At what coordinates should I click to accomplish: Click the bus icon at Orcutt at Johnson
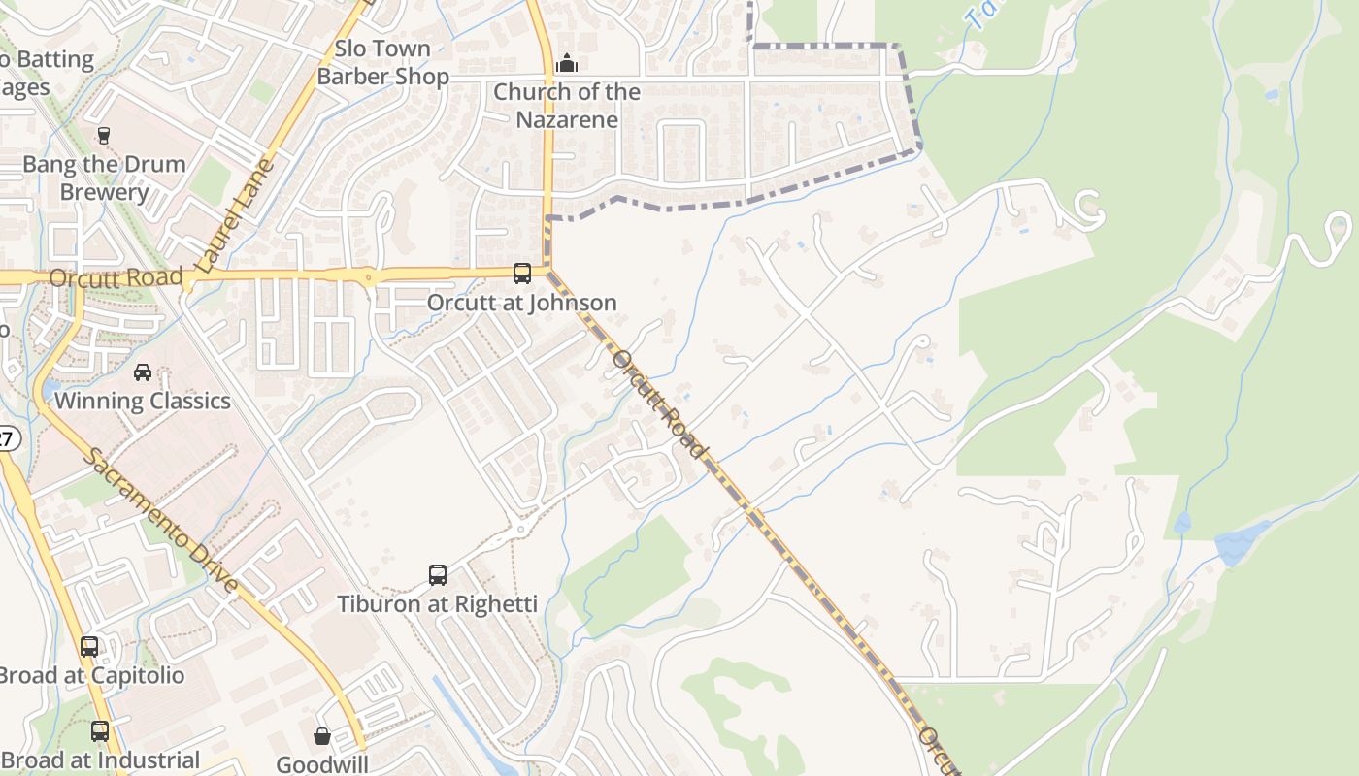tap(522, 274)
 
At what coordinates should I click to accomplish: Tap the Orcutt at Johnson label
tap(522, 303)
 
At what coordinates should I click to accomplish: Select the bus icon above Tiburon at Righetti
tap(438, 575)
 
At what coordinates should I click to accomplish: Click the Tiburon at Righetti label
tap(437, 604)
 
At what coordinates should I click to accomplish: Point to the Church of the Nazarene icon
tap(567, 64)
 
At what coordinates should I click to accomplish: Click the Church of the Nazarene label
tap(567, 106)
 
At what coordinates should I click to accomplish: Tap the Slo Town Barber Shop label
tap(382, 62)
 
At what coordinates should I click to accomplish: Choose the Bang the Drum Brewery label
tap(104, 178)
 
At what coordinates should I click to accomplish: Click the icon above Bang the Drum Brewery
tap(104, 135)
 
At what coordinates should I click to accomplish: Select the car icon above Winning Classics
tap(143, 372)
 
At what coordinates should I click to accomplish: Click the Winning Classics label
tap(143, 401)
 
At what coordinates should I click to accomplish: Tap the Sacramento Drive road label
tap(160, 521)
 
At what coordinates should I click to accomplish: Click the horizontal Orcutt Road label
tap(116, 277)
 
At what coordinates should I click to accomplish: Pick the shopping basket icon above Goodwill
tap(322, 736)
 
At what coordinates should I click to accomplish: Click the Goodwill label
tap(322, 764)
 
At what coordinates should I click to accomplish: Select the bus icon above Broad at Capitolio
tap(89, 646)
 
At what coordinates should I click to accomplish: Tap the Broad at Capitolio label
tap(91, 675)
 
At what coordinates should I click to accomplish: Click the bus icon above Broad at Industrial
tap(100, 731)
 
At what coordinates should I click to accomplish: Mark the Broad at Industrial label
tap(100, 760)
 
